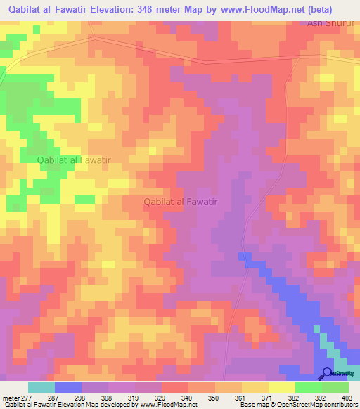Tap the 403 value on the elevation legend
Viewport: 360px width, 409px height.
(347, 398)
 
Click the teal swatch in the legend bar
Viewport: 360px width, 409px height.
(41, 387)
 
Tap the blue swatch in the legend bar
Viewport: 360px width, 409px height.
(68, 387)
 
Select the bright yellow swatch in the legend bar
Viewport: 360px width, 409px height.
(282, 387)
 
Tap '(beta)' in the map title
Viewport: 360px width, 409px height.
(336, 9)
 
